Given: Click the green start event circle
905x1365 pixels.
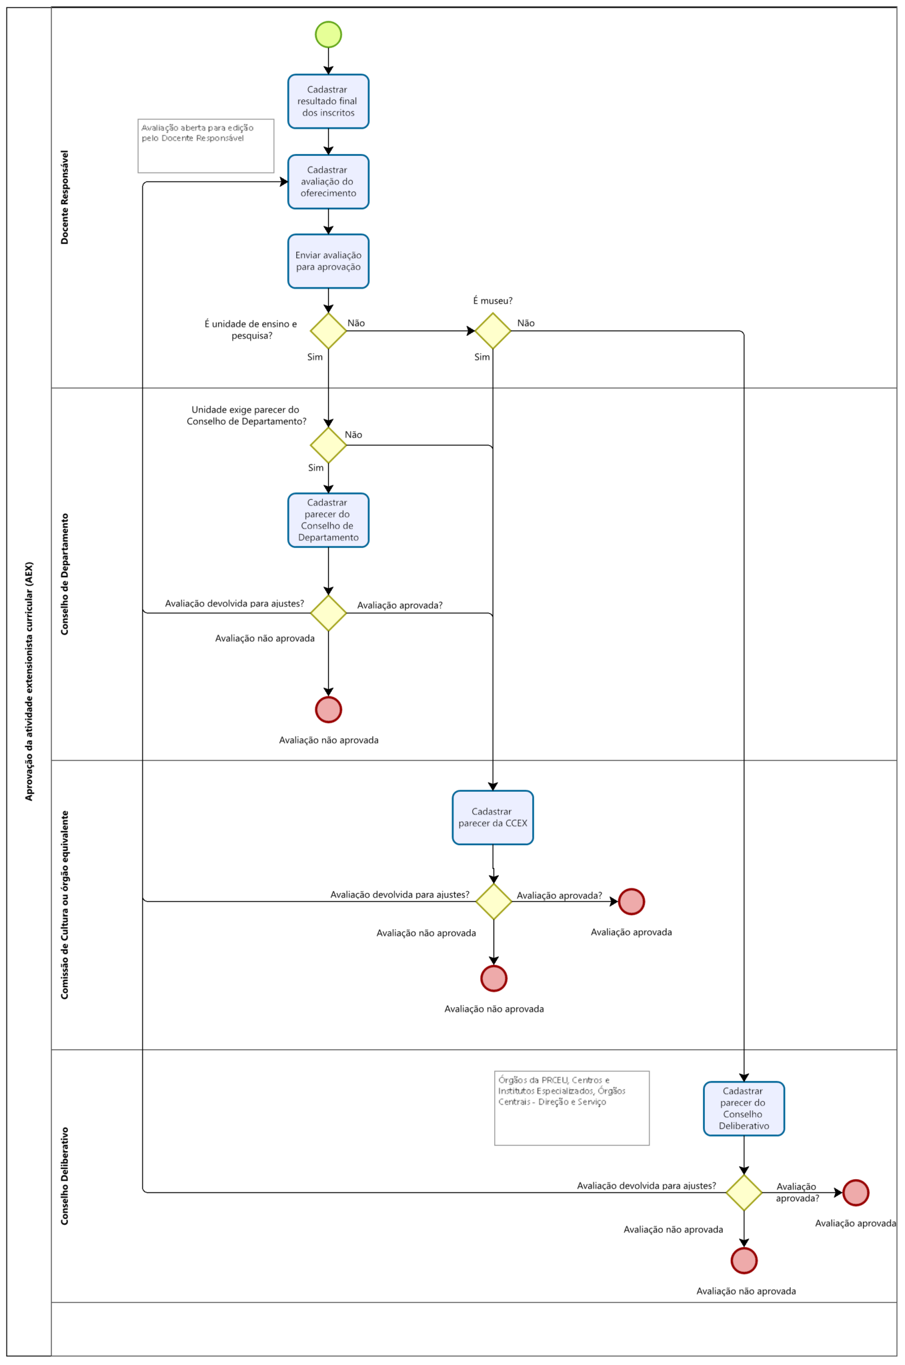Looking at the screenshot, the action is point(328,34).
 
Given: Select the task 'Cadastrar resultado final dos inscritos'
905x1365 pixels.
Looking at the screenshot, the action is point(328,101).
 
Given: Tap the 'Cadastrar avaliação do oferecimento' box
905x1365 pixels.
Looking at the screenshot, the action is point(328,182).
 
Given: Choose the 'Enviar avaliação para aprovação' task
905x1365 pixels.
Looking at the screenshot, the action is point(328,261).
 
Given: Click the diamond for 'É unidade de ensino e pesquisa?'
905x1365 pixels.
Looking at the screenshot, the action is point(328,331).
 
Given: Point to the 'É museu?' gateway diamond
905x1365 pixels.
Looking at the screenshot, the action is point(493,331).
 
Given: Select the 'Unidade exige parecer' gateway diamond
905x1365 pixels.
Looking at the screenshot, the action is point(328,445).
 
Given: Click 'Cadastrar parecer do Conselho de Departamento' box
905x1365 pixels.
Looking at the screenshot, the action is point(328,521).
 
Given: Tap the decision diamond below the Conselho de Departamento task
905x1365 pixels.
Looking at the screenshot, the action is point(328,613).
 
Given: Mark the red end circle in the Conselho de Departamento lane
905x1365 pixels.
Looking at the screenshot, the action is point(328,710).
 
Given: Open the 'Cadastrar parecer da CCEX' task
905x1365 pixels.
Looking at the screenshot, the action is point(493,818).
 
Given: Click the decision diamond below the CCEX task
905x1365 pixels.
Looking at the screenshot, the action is point(494,902).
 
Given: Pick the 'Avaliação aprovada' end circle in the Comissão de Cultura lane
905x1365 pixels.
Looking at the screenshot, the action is point(631,902).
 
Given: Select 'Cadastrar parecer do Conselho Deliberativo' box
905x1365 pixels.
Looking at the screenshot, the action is point(744,1108).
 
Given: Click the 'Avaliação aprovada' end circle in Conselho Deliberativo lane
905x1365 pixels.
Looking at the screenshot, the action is point(856,1193).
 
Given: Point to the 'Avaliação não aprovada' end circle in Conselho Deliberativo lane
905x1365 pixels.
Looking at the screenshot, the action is point(744,1260).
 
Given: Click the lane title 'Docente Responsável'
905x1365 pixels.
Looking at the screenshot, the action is point(65,197).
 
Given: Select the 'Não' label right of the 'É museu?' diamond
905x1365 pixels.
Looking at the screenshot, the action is point(526,323).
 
